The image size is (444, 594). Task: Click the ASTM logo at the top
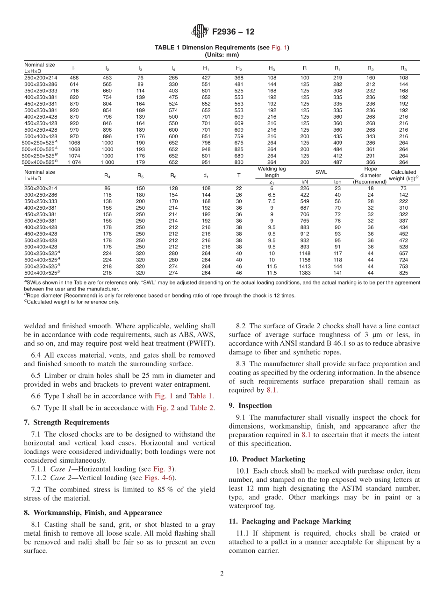pos(200,32)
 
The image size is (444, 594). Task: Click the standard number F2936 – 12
pos(233,32)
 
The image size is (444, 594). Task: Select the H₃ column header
pos(272,68)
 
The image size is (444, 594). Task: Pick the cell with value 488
pos(74,78)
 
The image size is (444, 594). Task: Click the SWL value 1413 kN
pos(305,266)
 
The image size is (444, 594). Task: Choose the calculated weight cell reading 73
pos(403,188)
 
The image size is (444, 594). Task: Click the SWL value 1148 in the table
pos(305,253)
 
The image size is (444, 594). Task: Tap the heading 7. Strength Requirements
pos(66,422)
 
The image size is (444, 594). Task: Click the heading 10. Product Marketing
pos(267,459)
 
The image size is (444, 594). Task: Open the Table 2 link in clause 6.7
pos(202,408)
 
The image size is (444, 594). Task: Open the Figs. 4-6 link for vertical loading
pos(160,478)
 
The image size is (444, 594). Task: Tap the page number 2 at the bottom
pos(222,573)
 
